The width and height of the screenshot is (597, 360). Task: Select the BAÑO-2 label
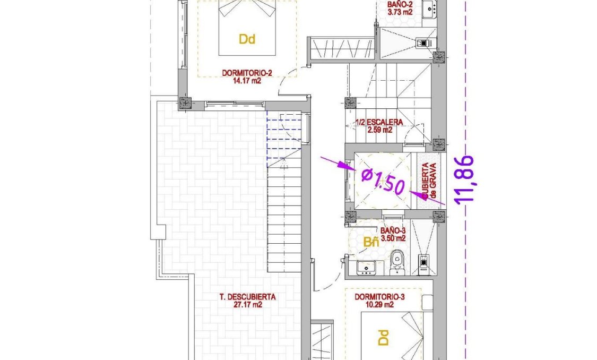400,3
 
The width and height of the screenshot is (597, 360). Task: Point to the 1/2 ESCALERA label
379,122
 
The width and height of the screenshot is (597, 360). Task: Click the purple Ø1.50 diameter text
383,181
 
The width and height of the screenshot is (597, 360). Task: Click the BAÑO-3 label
393,231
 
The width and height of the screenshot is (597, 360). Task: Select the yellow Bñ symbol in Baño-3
371,242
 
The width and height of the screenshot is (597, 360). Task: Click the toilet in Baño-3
396,264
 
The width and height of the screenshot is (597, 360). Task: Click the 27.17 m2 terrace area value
248,305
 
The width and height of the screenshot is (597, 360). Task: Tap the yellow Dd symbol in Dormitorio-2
247,39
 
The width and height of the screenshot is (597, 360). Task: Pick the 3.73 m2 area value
400,11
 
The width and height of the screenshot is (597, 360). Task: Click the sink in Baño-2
428,8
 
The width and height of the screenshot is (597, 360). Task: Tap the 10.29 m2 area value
380,305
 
